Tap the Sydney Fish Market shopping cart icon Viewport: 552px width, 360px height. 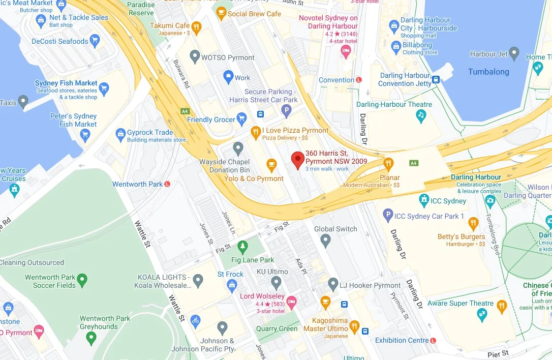(x=104, y=88)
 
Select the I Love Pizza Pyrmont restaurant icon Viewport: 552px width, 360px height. (x=256, y=133)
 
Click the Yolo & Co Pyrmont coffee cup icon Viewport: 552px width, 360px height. (x=271, y=165)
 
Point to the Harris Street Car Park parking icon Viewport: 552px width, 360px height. (x=287, y=110)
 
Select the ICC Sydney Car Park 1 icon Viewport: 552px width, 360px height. (x=388, y=216)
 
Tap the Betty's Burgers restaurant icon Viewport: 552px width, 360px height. (x=473, y=223)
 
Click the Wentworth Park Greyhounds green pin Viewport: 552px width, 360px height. (x=91, y=337)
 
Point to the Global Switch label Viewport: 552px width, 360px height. (x=335, y=229)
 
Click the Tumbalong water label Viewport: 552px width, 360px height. (x=488, y=72)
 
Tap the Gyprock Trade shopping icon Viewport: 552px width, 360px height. (x=120, y=134)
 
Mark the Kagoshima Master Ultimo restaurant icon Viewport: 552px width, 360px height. (x=354, y=326)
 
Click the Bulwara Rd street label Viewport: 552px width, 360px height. (x=181, y=76)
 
